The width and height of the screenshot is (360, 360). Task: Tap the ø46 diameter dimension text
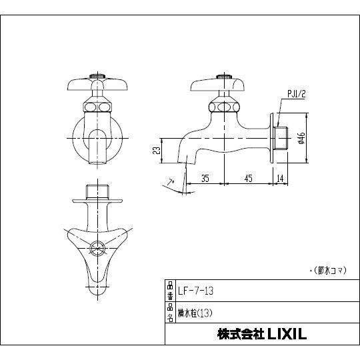click(301, 138)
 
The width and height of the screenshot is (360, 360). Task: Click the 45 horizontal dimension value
click(247, 177)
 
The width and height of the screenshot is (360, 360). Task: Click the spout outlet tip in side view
click(186, 160)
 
